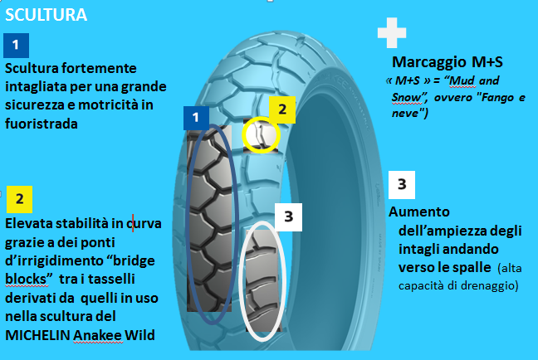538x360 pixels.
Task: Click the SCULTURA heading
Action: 46,15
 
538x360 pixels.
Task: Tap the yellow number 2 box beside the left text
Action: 19,199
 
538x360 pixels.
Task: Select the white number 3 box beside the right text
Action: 401,183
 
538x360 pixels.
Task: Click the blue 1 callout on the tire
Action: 196,118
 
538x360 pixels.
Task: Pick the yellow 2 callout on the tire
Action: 281,108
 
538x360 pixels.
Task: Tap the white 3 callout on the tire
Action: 288,216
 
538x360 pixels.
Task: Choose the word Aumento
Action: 419,212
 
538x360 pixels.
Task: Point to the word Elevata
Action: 29,223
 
